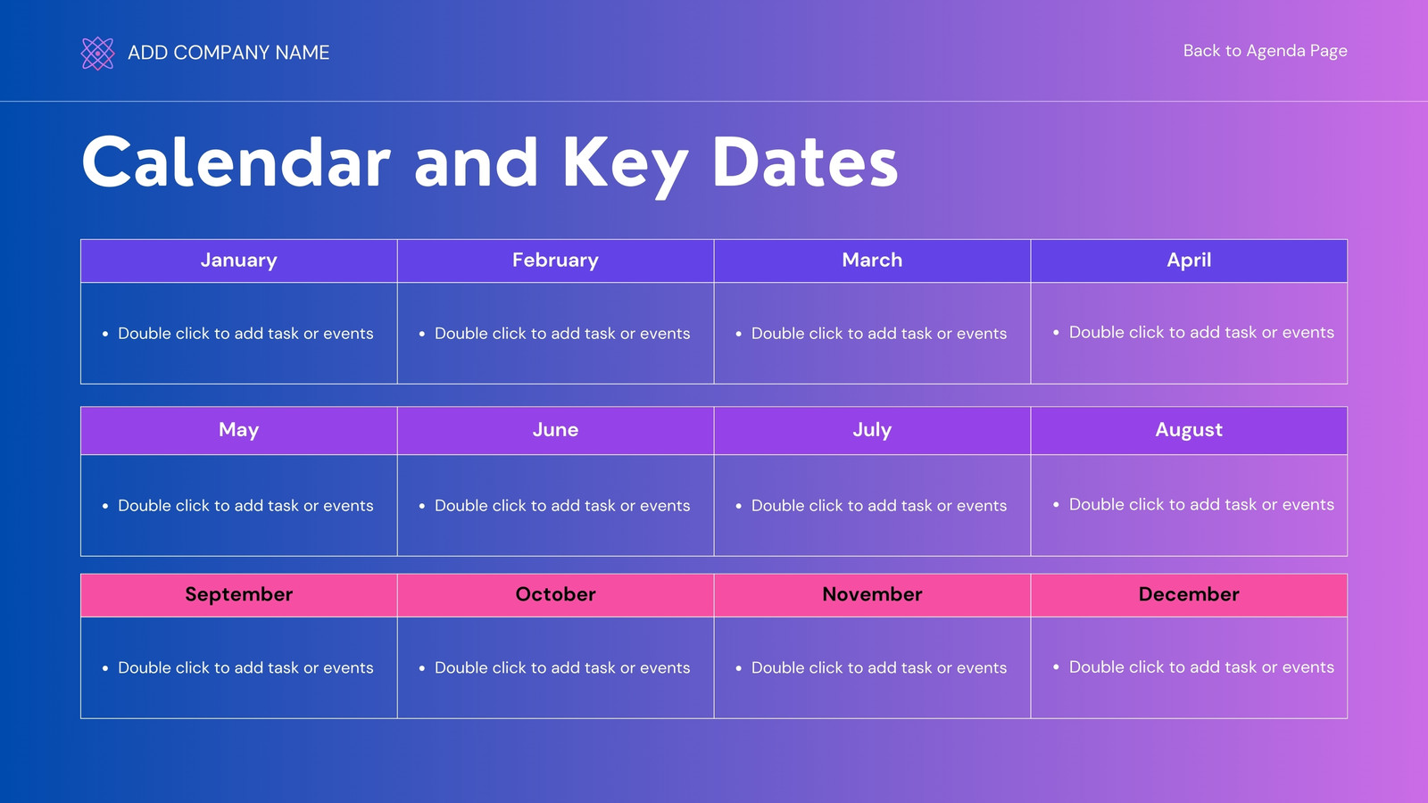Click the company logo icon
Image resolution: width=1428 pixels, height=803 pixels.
[x=97, y=53]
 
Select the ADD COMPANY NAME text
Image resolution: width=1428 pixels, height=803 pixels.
[x=228, y=53]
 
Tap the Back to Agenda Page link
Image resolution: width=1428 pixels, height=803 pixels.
[x=1265, y=51]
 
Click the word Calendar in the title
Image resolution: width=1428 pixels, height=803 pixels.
[x=236, y=162]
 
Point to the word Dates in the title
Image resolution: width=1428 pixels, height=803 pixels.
[x=804, y=162]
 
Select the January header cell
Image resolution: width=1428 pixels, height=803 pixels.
[x=239, y=261]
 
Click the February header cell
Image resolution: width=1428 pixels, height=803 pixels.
[x=555, y=261]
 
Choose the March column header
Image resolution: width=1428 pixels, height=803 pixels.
[x=872, y=261]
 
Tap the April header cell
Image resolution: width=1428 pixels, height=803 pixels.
[x=1189, y=261]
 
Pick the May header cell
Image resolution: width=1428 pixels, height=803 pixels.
[x=239, y=430]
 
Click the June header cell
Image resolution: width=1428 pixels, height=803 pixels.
[x=555, y=430]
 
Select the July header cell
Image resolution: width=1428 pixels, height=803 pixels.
[x=872, y=430]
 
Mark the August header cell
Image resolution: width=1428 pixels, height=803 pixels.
[x=1189, y=430]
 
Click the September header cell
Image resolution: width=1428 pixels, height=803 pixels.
[x=239, y=595]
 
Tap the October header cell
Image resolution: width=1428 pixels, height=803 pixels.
[x=555, y=595]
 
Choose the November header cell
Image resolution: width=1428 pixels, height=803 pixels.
[x=872, y=595]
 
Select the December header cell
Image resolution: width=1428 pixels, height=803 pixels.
[x=1189, y=595]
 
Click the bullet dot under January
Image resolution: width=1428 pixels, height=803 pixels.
[x=105, y=334]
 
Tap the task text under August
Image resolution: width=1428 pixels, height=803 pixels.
[x=1201, y=505]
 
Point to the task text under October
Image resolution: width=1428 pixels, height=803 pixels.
[x=562, y=668]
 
